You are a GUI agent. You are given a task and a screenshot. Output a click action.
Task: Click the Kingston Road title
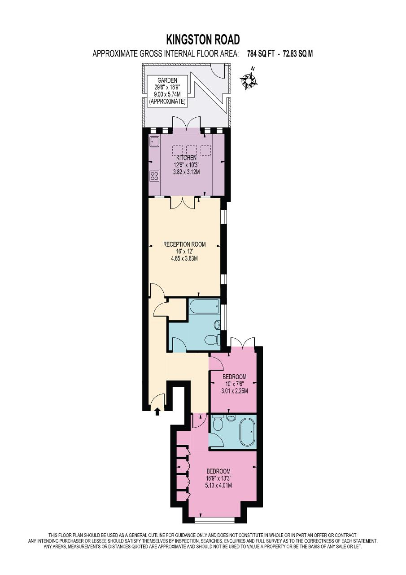tap(203, 40)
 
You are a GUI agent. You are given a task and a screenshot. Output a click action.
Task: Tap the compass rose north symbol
tap(249, 80)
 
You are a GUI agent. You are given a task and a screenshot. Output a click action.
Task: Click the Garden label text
tap(167, 80)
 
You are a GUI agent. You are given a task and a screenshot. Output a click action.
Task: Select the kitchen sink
tap(155, 142)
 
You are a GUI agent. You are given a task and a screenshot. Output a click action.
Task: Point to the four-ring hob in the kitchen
tap(155, 176)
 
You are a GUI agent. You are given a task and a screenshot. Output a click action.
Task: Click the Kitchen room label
tap(187, 158)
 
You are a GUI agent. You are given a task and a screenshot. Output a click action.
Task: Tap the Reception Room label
tap(184, 244)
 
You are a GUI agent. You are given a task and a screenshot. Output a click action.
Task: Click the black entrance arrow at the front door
tap(157, 411)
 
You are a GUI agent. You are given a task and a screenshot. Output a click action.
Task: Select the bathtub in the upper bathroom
tap(204, 306)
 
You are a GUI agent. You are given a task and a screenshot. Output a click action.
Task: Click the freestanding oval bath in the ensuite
tap(247, 433)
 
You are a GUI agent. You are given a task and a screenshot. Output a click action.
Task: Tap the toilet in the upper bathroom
tap(213, 340)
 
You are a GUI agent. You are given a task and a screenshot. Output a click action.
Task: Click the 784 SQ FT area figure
tap(262, 54)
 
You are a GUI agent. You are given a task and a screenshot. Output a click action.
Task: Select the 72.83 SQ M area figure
tap(297, 54)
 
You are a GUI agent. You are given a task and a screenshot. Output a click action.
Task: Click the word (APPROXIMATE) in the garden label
tap(167, 102)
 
